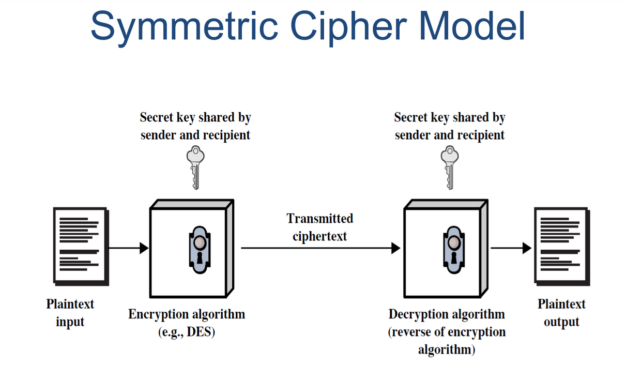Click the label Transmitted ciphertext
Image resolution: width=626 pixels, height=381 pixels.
pyautogui.click(x=320, y=227)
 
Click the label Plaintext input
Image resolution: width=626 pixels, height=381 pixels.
pyautogui.click(x=70, y=313)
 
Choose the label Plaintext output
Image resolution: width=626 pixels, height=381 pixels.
pyautogui.click(x=561, y=313)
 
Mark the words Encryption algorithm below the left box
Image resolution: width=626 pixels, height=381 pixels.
pyautogui.click(x=187, y=314)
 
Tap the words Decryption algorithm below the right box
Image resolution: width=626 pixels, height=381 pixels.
pyautogui.click(x=447, y=314)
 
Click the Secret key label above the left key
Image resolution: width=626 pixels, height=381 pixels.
pyautogui.click(x=195, y=126)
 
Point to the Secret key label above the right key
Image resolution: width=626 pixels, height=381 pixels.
pyautogui.click(x=450, y=126)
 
